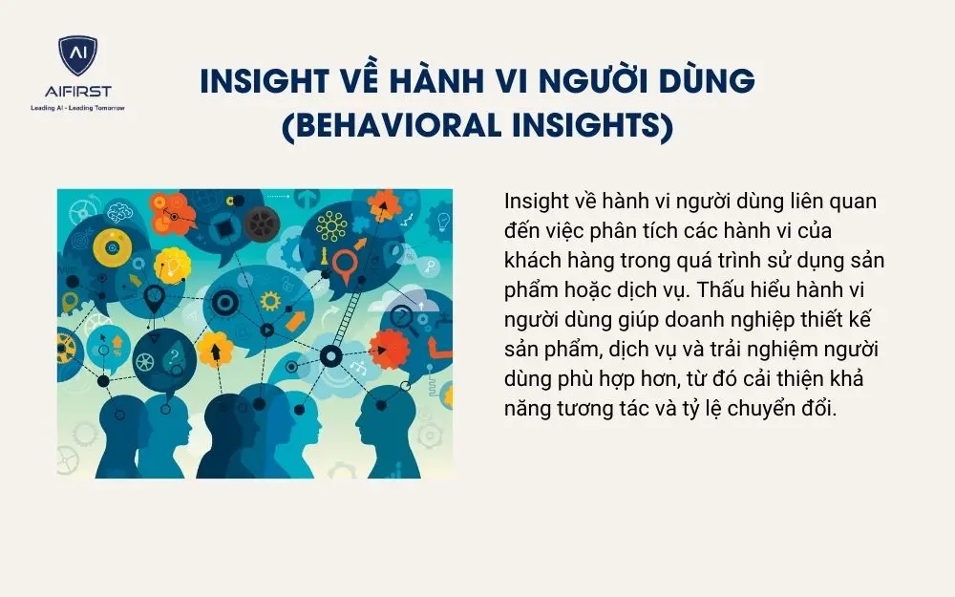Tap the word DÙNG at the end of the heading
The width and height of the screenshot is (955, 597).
706,82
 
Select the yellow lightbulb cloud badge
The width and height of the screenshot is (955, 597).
173,260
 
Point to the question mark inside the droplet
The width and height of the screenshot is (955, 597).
175,357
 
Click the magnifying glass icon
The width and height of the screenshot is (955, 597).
404,316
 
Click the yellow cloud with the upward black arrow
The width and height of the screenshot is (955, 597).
214,350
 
